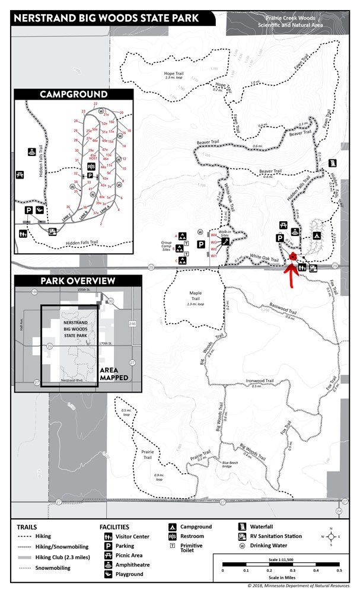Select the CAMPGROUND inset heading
click(74, 94)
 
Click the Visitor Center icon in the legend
click(109, 537)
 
